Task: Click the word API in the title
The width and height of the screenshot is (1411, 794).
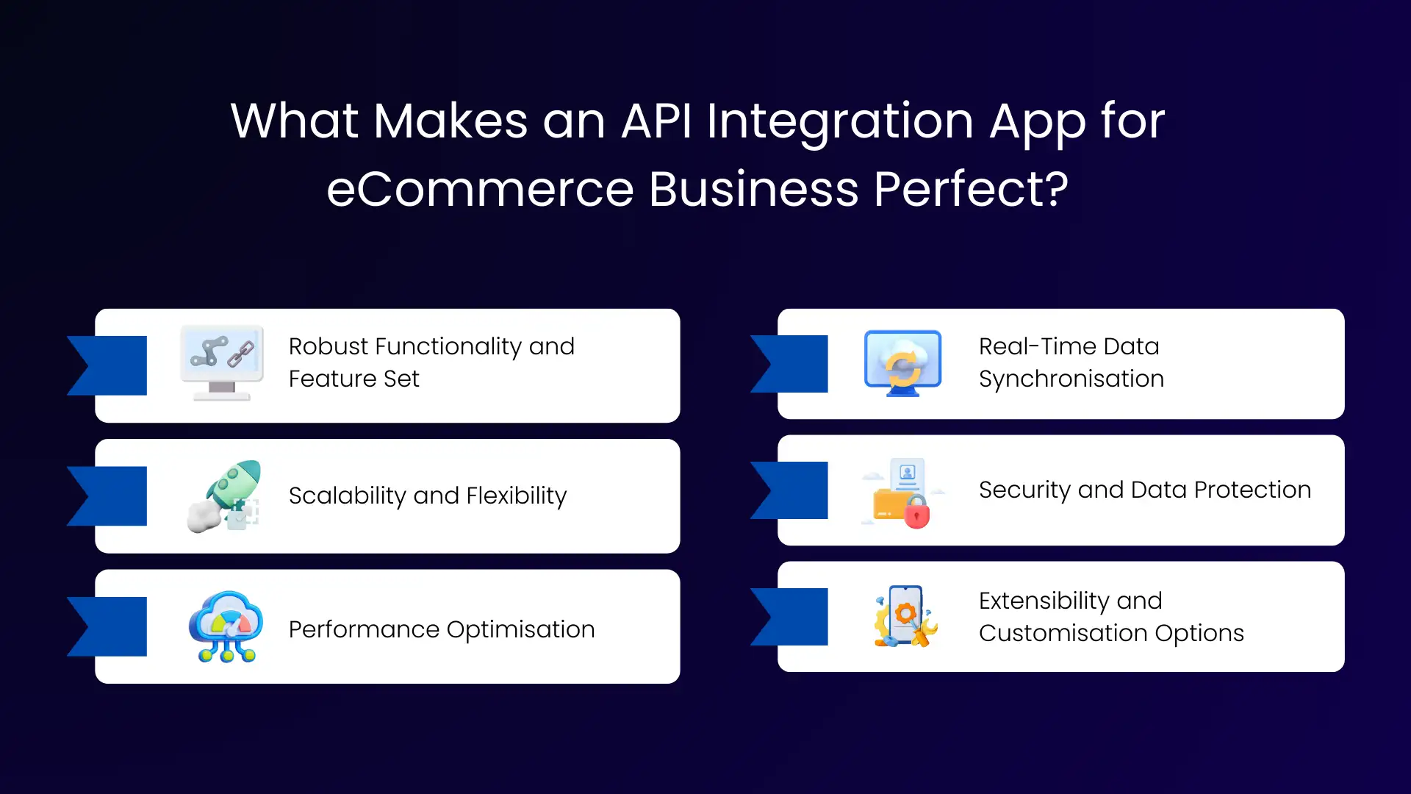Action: (656, 121)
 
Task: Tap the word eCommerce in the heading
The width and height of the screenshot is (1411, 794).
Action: (479, 190)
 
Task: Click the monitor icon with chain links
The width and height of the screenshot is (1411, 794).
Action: (222, 362)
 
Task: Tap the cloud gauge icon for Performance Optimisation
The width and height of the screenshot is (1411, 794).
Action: (226, 627)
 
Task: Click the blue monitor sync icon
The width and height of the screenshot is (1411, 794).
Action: (903, 363)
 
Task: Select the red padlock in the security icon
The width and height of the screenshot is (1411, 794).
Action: (916, 512)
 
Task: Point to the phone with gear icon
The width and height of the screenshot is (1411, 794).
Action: (905, 616)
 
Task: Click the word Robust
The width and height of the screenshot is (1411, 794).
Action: (328, 346)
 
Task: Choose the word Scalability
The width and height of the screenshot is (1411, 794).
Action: (347, 496)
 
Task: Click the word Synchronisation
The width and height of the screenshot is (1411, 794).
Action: (1071, 379)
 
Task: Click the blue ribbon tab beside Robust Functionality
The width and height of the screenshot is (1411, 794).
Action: (110, 365)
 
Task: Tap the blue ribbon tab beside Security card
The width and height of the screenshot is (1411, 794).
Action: (792, 490)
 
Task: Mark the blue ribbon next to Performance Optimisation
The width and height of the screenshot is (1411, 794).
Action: (110, 626)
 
